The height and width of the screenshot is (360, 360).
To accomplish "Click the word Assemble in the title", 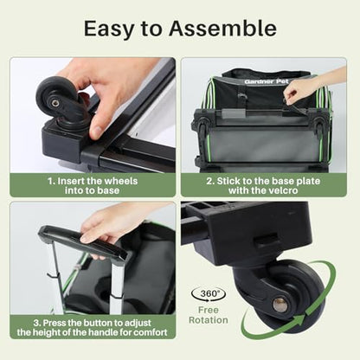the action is [222, 29].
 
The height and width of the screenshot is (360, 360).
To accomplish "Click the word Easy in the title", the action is [109, 29].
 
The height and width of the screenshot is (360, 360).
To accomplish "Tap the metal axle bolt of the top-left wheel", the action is [55, 103].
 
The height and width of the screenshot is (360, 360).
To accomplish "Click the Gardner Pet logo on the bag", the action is [267, 81].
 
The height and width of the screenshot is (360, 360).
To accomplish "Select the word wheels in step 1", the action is [120, 181].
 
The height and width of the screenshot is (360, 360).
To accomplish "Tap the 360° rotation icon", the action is [209, 294].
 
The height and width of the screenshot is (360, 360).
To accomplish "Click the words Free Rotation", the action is [209, 315].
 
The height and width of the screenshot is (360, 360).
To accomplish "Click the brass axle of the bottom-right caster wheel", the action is [280, 305].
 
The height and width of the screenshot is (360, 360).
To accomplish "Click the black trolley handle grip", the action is [84, 242].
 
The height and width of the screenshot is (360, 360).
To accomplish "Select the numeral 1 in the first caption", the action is [50, 181].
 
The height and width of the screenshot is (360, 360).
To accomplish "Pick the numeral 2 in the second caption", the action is [209, 181].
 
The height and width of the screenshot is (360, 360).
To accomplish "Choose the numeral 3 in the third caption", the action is [36, 323].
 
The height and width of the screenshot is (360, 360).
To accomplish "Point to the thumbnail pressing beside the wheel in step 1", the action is [97, 132].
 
